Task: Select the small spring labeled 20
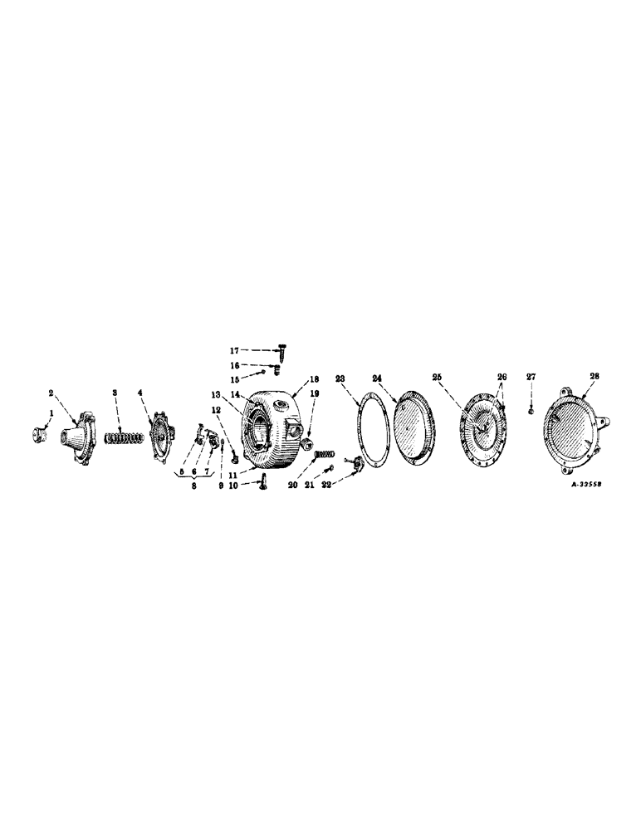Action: click(x=325, y=454)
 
